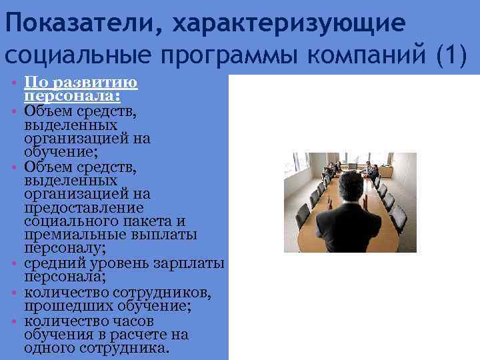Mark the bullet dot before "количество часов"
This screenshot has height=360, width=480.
(14, 321)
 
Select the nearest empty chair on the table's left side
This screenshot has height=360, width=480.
(303, 215)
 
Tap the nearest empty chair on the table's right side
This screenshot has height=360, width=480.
(399, 217)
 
